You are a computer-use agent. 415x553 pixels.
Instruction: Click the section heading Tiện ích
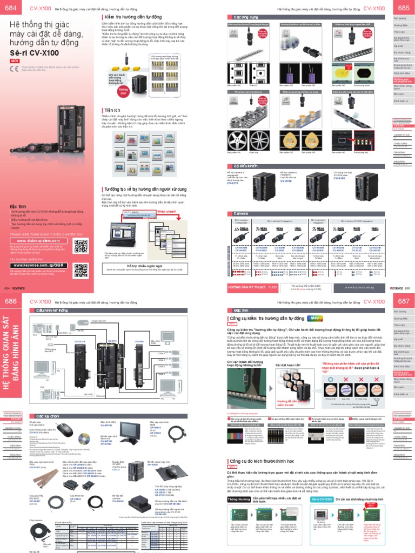[113, 110]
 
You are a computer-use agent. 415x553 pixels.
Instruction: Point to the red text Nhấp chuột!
[166, 212]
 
